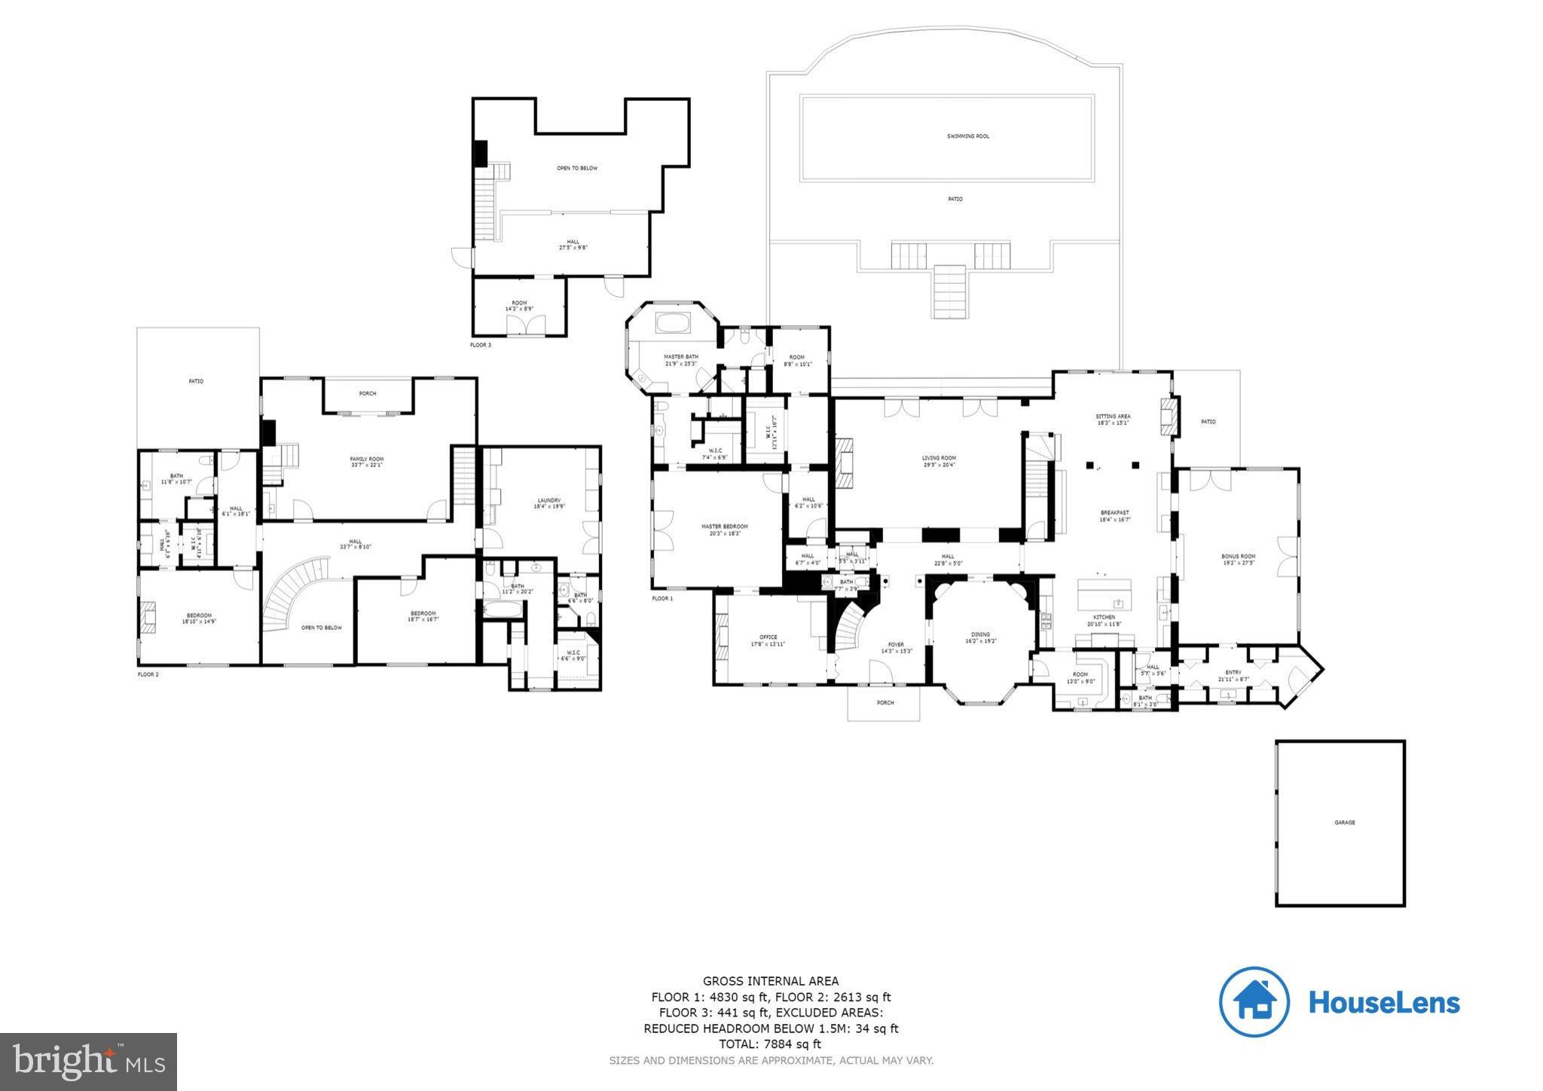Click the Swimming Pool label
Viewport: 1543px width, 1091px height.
[x=968, y=136]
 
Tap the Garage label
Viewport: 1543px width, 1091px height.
[x=1344, y=822]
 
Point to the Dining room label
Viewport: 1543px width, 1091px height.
[x=980, y=634]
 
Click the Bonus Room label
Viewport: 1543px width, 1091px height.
[x=1238, y=557]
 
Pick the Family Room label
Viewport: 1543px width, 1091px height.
[x=367, y=459]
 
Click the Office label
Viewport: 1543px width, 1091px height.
[x=768, y=637]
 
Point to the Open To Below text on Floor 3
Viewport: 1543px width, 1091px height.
[x=577, y=168]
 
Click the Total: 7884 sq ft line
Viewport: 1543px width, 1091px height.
[x=770, y=1044]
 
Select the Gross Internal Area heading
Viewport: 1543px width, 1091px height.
[x=770, y=981]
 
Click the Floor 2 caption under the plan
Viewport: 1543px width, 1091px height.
[x=148, y=674]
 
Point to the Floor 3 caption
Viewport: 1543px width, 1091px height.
[x=480, y=345]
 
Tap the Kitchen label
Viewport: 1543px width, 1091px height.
[x=1105, y=617]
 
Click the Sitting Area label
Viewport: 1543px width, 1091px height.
[x=1113, y=417]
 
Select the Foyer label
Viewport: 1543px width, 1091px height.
[x=896, y=645]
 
